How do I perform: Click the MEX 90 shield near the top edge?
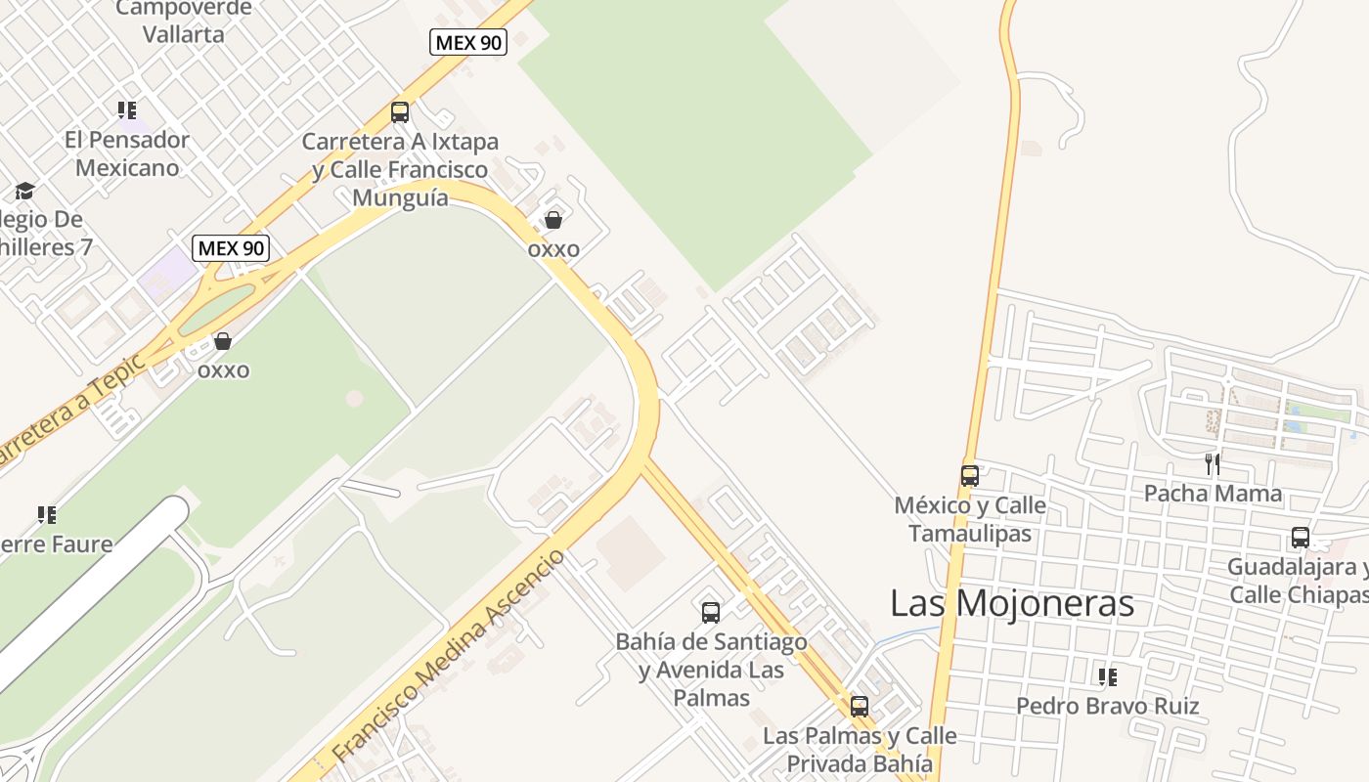click(468, 42)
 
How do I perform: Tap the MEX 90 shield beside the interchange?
click(231, 248)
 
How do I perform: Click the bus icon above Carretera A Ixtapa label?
click(400, 111)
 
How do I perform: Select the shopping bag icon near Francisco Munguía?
click(553, 220)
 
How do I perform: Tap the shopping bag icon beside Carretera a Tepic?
click(223, 341)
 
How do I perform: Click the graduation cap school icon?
click(24, 191)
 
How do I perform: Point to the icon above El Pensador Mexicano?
click(127, 110)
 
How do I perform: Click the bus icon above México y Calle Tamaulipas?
click(970, 476)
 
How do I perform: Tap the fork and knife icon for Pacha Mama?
click(1213, 464)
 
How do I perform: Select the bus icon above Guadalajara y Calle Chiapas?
click(1301, 538)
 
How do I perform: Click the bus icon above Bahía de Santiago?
click(711, 613)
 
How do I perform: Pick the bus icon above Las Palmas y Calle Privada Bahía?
click(860, 706)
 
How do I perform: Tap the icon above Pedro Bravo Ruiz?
click(1108, 676)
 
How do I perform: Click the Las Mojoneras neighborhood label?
click(1012, 603)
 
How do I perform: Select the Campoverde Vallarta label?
click(184, 21)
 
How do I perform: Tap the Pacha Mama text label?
click(1213, 494)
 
